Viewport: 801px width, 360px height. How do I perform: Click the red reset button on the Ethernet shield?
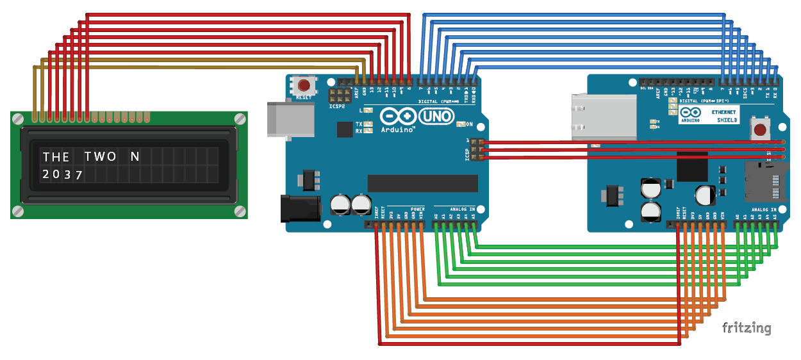pyautogui.click(x=760, y=130)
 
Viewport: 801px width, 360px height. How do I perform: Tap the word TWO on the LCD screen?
pyautogui.click(x=100, y=157)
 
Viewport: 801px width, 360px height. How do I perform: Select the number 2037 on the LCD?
pyautogui.click(x=62, y=174)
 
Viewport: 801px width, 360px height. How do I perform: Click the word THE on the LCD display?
pyautogui.click(x=56, y=157)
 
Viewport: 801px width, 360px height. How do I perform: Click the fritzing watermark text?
pyautogui.click(x=747, y=328)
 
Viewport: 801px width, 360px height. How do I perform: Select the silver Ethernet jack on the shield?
pyautogui.click(x=602, y=117)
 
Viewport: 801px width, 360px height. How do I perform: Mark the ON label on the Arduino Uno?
pyautogui.click(x=469, y=124)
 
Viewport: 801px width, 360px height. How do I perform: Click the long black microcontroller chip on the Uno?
pyautogui.click(x=422, y=183)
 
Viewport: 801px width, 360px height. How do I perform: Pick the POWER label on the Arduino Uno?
pyautogui.click(x=418, y=209)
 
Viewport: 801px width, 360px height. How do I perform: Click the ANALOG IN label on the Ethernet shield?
pyautogui.click(x=764, y=209)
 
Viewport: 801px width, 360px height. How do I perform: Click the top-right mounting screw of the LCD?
pyautogui.click(x=240, y=119)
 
